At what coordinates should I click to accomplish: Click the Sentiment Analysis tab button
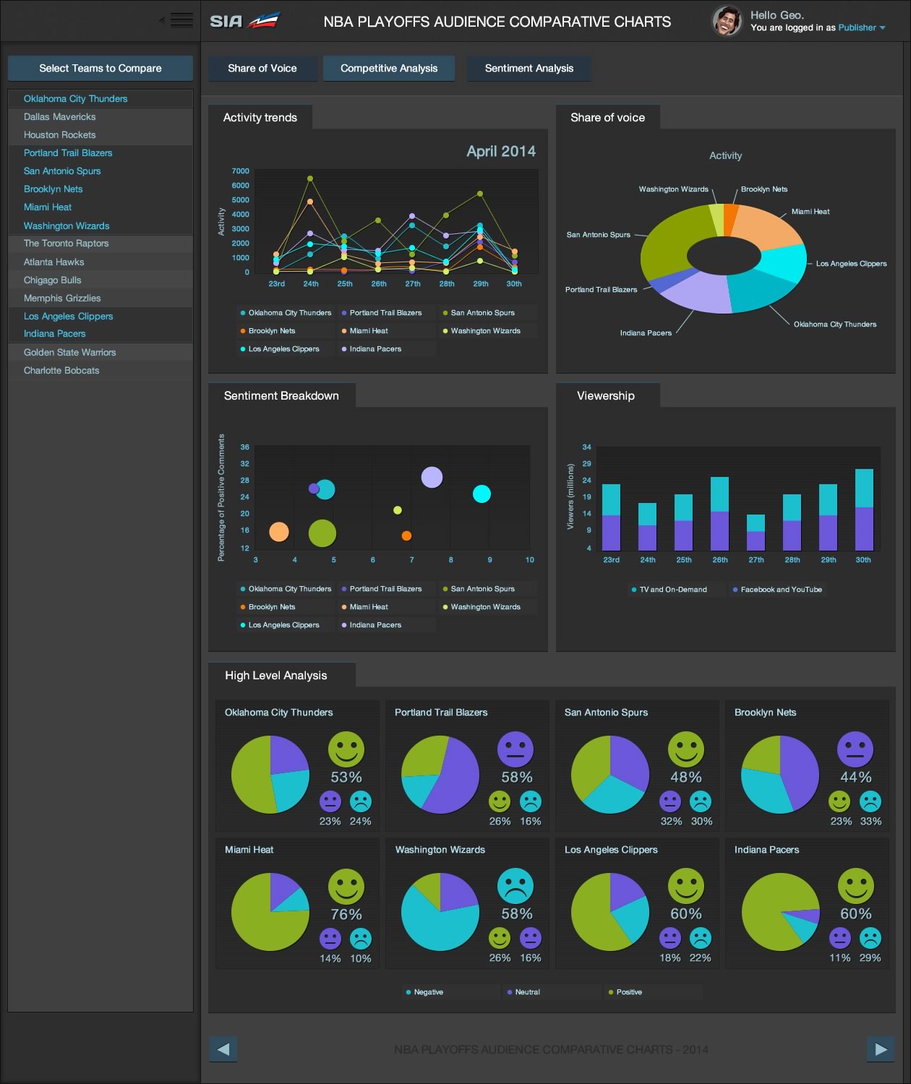[529, 69]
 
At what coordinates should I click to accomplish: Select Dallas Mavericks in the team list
[59, 117]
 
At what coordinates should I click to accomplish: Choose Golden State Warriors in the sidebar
[69, 353]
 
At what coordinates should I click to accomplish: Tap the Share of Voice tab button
[262, 69]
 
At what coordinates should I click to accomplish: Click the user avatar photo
[727, 21]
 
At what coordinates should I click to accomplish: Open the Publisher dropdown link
[861, 28]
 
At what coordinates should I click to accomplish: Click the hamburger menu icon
[181, 20]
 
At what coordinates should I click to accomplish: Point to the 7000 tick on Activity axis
[240, 171]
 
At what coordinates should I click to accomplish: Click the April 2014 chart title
[501, 152]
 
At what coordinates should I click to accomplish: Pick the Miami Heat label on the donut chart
[810, 212]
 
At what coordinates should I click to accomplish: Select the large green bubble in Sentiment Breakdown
[322, 533]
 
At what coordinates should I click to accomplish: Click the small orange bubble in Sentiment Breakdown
[406, 535]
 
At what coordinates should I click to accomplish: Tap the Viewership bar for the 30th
[864, 509]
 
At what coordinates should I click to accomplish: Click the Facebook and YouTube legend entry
[780, 590]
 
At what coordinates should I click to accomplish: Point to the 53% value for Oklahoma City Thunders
[346, 778]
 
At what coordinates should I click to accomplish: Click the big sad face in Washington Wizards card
[516, 886]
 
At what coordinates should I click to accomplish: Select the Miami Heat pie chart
[270, 912]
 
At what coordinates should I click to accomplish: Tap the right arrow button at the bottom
[880, 1049]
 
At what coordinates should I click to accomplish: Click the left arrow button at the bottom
[223, 1049]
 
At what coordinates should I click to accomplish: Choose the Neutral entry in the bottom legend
[527, 992]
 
